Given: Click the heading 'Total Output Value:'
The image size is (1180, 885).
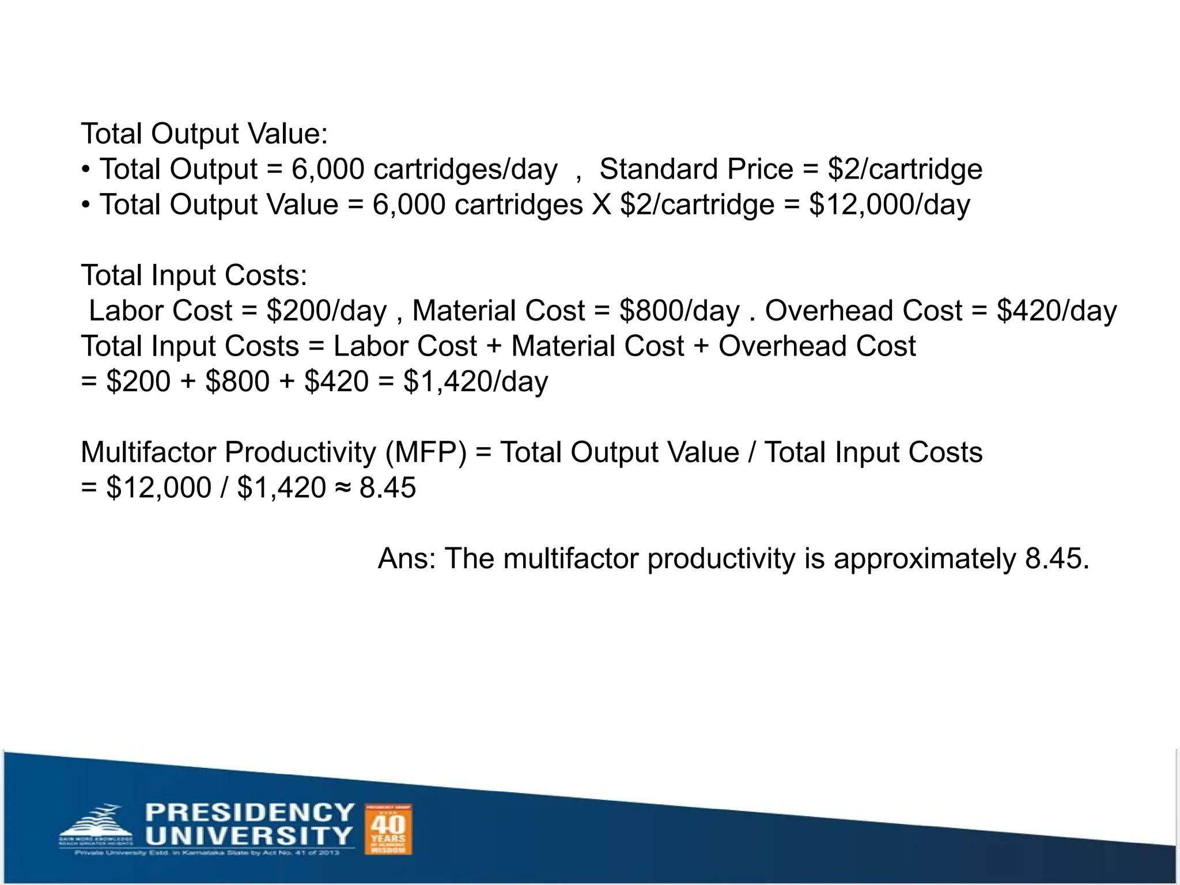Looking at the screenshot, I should tap(204, 134).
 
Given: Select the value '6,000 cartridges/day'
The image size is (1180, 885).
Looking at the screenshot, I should tap(424, 169).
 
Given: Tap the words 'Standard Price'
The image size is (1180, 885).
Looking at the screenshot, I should tap(696, 169).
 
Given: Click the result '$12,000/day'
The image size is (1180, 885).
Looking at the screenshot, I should tap(889, 205).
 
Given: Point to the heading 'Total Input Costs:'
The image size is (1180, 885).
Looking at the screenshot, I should tap(194, 275).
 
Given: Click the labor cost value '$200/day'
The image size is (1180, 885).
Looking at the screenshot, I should tap(326, 311).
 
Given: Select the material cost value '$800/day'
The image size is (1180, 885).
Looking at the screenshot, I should tap(679, 311).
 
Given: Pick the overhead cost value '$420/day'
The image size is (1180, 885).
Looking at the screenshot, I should tap(1057, 311).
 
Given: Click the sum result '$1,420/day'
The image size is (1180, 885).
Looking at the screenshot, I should tap(475, 382).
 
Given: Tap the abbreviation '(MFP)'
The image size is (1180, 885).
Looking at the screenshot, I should tap(426, 453).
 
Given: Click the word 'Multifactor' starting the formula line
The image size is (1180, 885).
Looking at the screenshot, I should tap(148, 453).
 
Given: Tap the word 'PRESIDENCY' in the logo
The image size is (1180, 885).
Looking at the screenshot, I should tap(249, 813).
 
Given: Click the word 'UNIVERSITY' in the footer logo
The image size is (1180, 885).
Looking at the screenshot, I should tap(248, 835).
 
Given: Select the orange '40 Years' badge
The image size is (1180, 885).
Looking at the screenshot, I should tap(389, 830).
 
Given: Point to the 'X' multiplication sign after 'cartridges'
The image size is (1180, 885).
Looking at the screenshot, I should tap(602, 205).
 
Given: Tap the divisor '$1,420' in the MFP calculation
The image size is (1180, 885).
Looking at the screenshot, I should tap(281, 489).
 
